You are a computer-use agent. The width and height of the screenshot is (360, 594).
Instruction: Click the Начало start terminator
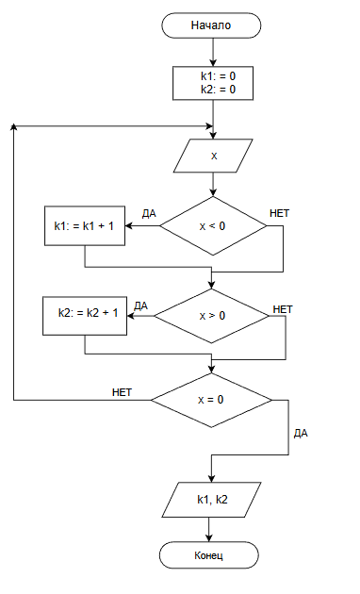(211, 25)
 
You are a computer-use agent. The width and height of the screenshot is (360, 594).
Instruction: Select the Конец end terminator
(208, 555)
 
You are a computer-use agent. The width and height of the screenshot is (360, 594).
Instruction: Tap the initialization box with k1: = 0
(213, 83)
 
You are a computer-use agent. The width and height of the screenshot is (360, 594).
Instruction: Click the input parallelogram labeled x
(213, 156)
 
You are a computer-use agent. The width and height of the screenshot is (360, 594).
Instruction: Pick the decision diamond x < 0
(213, 225)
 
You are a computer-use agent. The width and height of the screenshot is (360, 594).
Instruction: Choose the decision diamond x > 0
(212, 316)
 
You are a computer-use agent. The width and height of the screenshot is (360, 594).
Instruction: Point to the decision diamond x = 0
(211, 400)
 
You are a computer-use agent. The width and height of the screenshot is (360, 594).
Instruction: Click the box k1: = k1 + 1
(85, 225)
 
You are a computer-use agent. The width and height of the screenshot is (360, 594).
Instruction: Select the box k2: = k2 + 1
(85, 316)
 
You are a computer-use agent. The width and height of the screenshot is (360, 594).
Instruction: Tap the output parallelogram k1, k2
(212, 500)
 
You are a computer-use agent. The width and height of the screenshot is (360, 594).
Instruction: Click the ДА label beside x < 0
(149, 214)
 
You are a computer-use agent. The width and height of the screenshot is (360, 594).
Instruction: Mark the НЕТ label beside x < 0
(279, 213)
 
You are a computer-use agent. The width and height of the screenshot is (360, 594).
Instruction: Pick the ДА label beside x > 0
(140, 306)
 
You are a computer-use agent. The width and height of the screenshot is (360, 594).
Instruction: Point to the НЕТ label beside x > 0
(283, 309)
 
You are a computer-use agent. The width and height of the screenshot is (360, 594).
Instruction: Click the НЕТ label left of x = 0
(122, 392)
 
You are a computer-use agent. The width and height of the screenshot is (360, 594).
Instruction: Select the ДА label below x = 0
(301, 434)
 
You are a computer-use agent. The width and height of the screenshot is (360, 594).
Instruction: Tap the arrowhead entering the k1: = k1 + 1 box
(128, 225)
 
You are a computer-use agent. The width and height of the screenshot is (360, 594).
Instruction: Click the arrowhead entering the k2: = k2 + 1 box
(130, 316)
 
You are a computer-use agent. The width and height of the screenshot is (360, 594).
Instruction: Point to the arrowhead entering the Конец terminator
(208, 538)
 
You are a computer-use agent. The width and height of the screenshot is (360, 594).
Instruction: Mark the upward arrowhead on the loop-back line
(13, 126)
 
